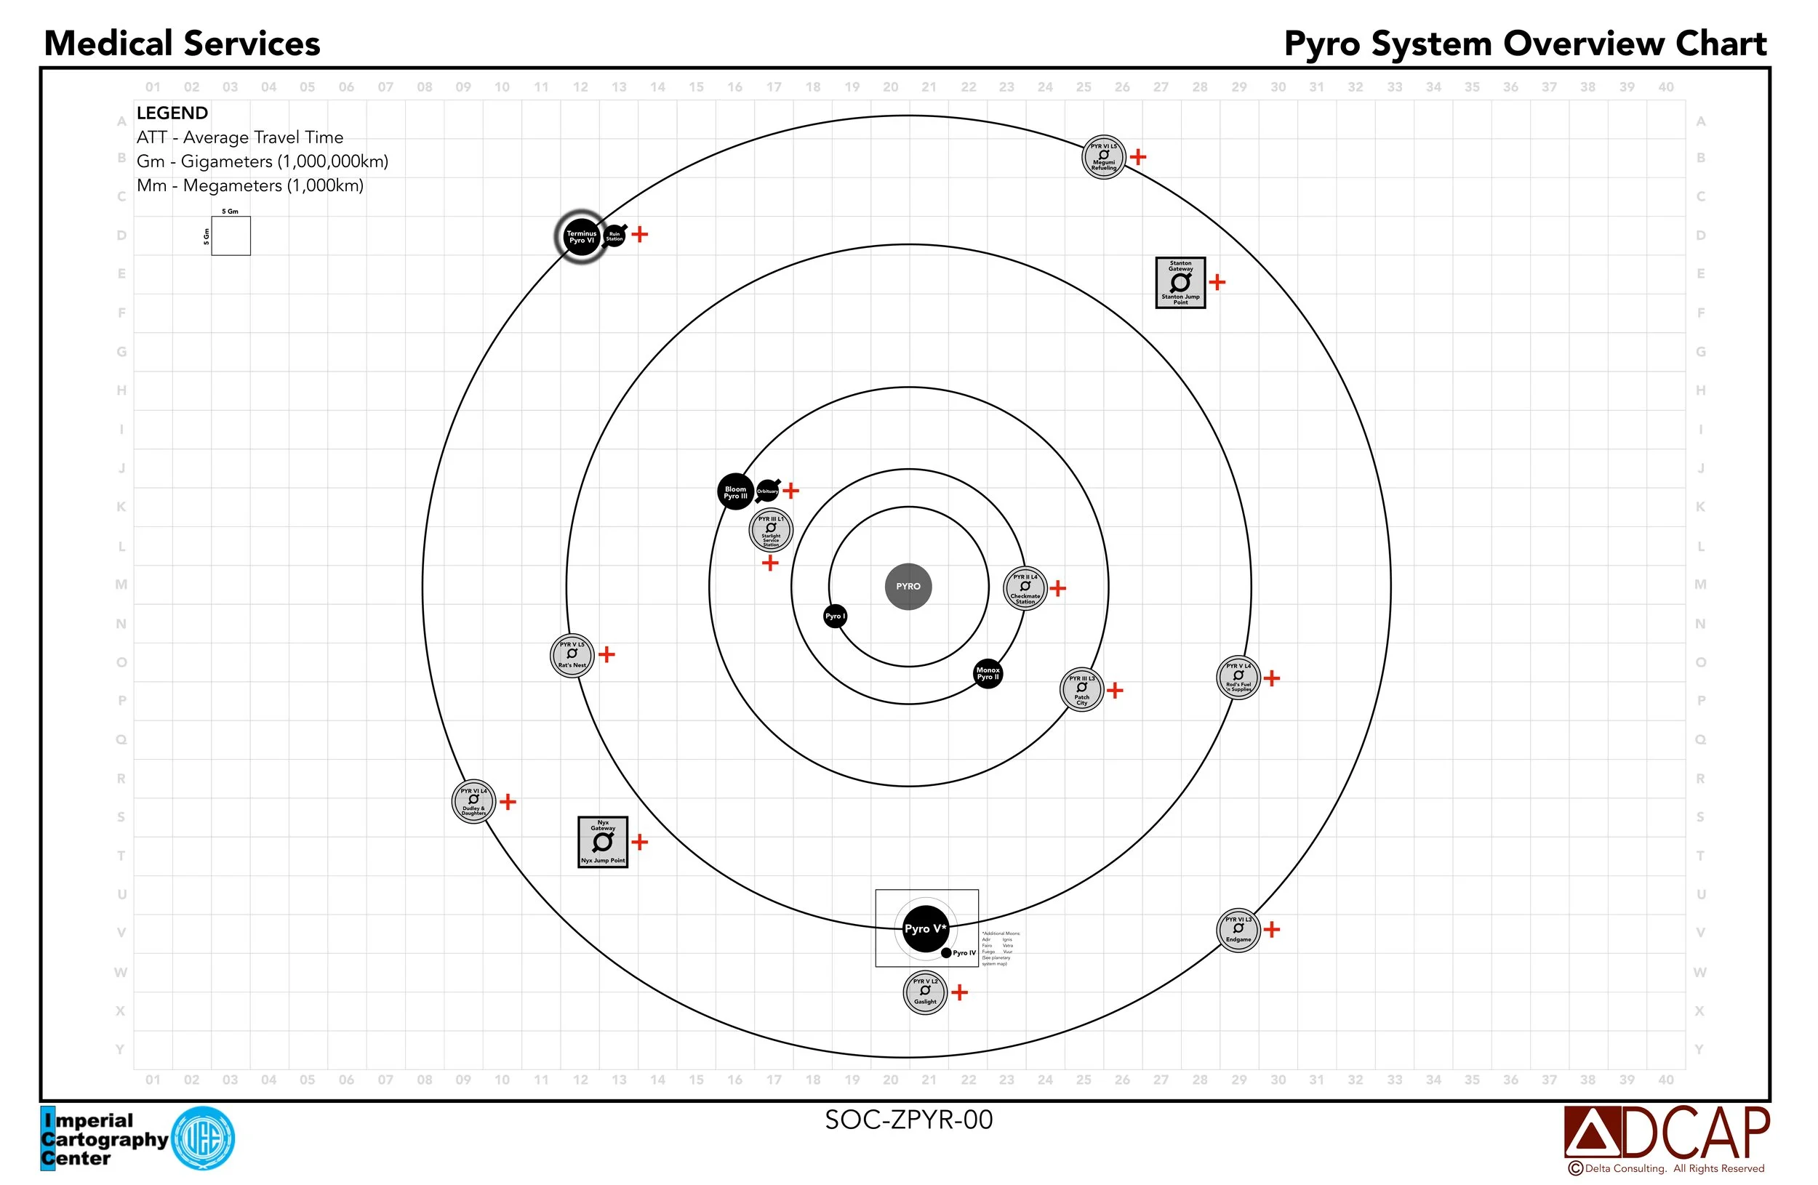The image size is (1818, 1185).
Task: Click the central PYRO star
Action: [908, 587]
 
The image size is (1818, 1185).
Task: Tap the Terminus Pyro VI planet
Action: [580, 237]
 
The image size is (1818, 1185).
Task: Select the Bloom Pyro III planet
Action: [735, 491]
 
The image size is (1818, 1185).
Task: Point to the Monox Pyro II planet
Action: [988, 673]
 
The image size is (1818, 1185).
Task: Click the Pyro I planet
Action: [835, 616]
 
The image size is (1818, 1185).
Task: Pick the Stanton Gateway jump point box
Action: [1180, 283]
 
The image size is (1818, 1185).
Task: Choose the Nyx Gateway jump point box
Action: [603, 841]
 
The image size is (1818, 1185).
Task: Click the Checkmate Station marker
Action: [1025, 588]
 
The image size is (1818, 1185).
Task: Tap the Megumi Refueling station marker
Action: [1104, 157]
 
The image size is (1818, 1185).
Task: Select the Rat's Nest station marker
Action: [572, 655]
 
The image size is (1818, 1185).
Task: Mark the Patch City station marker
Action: [1081, 689]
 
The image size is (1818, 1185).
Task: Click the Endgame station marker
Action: [1238, 930]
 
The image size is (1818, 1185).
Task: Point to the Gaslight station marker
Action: [925, 992]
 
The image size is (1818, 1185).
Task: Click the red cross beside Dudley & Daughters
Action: [508, 802]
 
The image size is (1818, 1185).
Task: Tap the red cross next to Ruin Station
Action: [640, 234]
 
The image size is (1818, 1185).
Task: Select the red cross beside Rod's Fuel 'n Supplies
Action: [1272, 678]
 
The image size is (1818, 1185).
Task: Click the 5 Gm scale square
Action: [231, 235]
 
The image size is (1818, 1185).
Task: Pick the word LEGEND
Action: [172, 113]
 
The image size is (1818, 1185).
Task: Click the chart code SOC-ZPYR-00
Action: [908, 1120]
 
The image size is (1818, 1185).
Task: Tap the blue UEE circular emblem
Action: [203, 1138]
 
